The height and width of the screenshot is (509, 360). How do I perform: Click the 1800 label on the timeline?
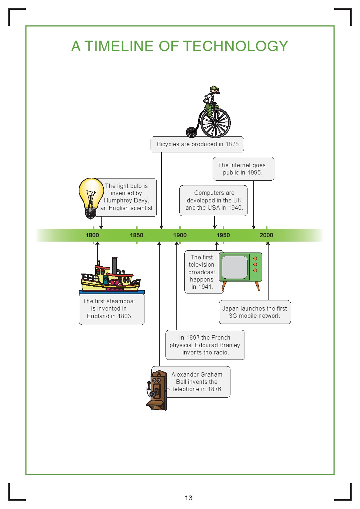(x=92, y=235)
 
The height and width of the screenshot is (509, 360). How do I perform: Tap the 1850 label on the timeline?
(x=136, y=235)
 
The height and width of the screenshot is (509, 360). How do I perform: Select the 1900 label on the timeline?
(x=180, y=235)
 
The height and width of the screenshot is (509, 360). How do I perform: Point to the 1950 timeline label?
(x=223, y=235)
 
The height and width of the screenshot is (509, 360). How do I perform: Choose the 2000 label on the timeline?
(x=266, y=235)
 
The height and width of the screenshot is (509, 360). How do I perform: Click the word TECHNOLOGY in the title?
(x=236, y=46)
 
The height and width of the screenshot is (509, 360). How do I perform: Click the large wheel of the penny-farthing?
(x=215, y=123)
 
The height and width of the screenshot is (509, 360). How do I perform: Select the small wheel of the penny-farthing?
(x=191, y=132)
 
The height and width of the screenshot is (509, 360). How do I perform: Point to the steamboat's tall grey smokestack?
(x=115, y=266)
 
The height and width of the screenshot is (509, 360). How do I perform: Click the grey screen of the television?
(x=235, y=267)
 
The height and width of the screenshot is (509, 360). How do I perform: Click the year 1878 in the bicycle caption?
(x=232, y=144)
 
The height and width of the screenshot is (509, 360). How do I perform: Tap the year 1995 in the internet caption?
(x=254, y=173)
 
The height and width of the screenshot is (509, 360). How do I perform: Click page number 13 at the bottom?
(x=189, y=498)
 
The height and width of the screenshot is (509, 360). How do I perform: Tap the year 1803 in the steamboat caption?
(x=124, y=316)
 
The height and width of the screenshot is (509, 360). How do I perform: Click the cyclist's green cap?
(x=214, y=88)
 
